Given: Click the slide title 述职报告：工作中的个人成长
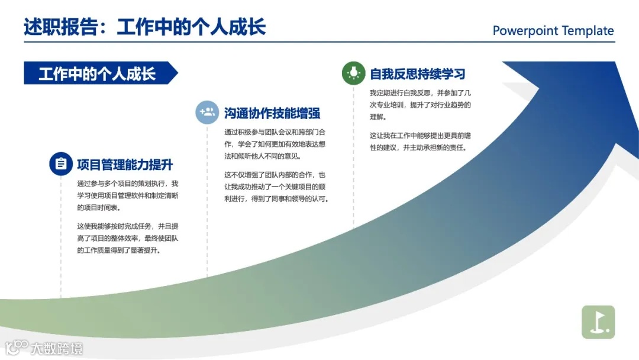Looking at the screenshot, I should point(144,27).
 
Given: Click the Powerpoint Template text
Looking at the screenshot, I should point(553,31).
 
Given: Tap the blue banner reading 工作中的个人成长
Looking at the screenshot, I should point(98,73).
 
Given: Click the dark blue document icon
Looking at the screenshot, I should point(61,164).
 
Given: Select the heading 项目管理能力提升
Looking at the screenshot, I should point(125,165).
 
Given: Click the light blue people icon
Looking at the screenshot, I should point(207,112).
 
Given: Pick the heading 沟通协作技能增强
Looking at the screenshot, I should point(272,112).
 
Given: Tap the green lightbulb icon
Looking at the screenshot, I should point(354,73).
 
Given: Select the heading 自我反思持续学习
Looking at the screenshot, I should point(418,74).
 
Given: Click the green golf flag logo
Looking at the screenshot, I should point(598,322).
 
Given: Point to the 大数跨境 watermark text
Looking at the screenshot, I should point(57,348).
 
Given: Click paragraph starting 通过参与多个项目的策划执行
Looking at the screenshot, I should point(128,195).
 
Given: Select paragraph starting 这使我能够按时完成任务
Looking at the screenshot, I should point(128,238).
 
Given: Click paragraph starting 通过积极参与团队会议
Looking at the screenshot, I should point(275,144).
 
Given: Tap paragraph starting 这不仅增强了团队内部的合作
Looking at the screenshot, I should point(276,187).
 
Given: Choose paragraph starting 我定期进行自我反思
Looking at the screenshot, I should point(420,105).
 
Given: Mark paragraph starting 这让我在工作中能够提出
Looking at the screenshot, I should point(420,142).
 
